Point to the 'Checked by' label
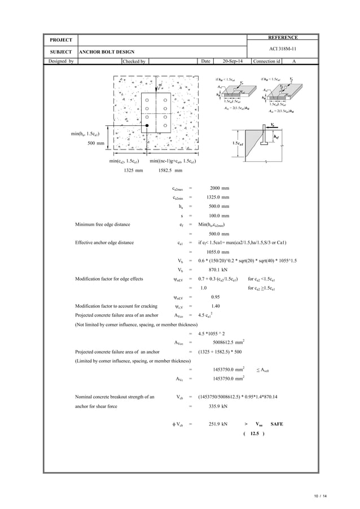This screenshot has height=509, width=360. click(134, 61)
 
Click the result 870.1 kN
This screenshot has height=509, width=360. click(218, 270)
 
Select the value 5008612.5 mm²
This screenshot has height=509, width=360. click(229, 342)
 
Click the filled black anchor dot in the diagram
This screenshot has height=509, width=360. click(147, 125)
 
